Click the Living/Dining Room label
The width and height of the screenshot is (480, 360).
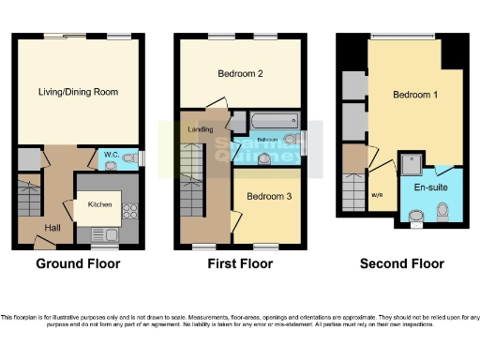(77, 91)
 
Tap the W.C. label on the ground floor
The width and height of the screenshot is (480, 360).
(111, 154)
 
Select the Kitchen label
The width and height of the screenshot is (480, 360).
(100, 203)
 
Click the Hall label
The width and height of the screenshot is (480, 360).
(52, 227)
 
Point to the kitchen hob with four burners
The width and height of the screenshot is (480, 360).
(128, 212)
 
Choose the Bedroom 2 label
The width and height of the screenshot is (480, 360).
(239, 73)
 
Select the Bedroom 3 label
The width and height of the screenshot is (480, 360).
(268, 196)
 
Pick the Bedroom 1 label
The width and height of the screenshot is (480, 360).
(414, 95)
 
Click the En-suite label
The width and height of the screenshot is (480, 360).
(430, 187)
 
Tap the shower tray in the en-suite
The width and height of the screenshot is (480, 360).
(412, 163)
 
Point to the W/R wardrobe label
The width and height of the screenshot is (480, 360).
(378, 195)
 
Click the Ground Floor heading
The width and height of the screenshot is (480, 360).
(78, 264)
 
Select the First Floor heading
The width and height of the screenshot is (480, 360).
(239, 264)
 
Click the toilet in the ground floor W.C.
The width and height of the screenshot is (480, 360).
(114, 165)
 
